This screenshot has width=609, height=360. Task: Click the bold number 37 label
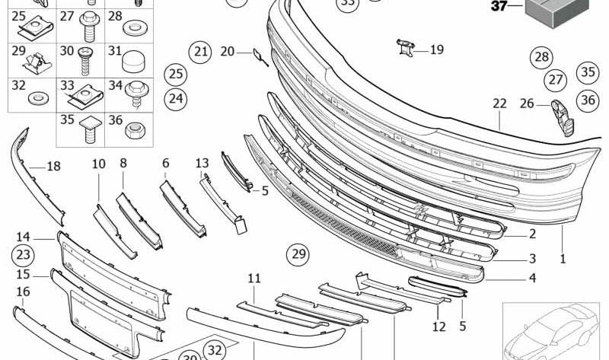[x=498, y=7]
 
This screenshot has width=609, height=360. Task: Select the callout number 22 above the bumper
[x=499, y=103]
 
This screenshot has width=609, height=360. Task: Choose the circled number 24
[x=176, y=97]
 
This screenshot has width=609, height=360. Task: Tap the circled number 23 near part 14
[x=24, y=254]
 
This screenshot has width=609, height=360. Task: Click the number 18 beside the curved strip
[x=53, y=166]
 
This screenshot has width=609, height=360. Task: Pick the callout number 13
[x=202, y=163]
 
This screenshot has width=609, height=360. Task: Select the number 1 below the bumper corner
[x=563, y=259]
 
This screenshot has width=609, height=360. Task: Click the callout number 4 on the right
[x=532, y=279]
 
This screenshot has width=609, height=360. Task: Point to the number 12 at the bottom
[x=439, y=327]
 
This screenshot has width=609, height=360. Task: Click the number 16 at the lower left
[x=24, y=292]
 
